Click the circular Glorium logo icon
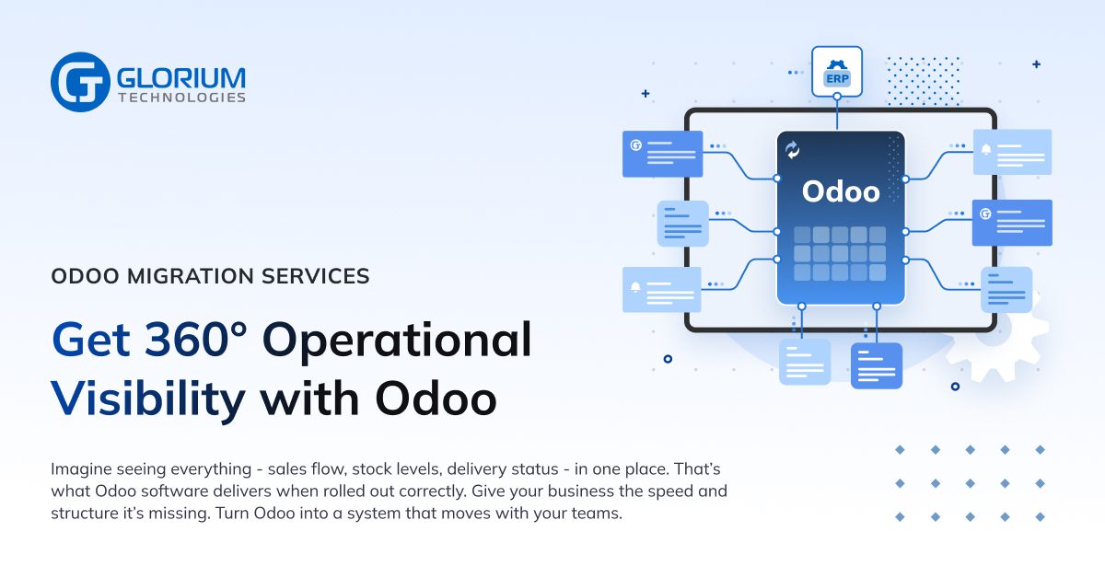pos(81,82)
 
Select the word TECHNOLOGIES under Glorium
pos(181,98)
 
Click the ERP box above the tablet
pos(836,72)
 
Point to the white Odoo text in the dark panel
pos(841,191)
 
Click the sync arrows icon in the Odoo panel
pos(792,150)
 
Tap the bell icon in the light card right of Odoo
pos(986,149)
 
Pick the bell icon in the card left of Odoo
pos(635,287)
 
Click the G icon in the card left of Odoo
pos(635,145)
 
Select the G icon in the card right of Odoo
pos(985,214)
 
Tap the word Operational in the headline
pos(397,340)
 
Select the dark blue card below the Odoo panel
pos(876,365)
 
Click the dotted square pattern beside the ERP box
pos(922,81)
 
